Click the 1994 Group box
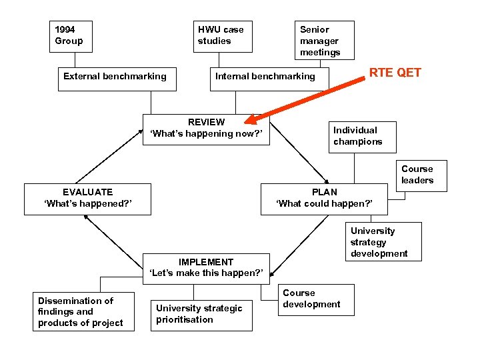[71, 36]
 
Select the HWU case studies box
[223, 36]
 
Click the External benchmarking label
[115, 77]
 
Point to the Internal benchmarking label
[265, 77]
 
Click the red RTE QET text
[395, 73]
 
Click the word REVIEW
[206, 122]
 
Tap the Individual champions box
[362, 137]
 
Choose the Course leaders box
[417, 175]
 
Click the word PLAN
[324, 192]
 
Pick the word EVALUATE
[87, 192]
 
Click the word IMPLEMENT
[206, 262]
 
